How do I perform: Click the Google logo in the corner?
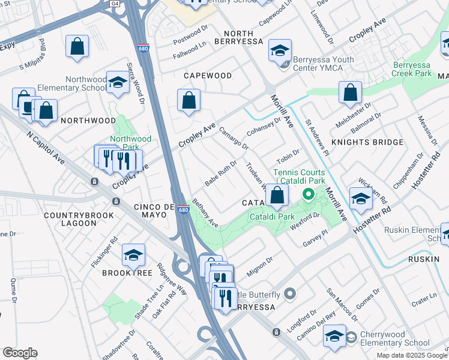[x=20, y=353]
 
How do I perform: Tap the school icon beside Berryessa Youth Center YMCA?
[x=280, y=50]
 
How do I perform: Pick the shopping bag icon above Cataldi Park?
[x=277, y=195]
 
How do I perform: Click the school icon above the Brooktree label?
[x=133, y=255]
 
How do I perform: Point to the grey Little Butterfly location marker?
[x=291, y=294]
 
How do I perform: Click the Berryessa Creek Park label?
[x=421, y=69]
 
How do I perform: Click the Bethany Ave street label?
[x=205, y=214]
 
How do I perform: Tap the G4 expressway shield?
[x=131, y=3]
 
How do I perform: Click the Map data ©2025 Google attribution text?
[x=412, y=355]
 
